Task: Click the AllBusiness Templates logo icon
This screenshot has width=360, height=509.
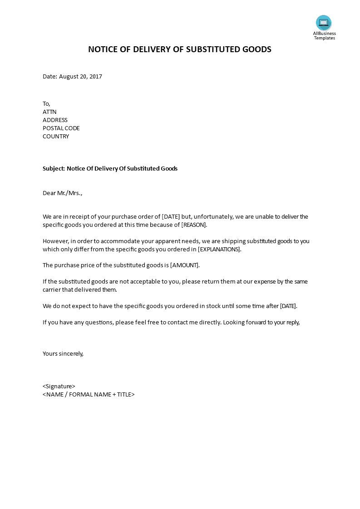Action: click(324, 23)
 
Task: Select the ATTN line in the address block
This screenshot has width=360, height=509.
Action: click(49, 112)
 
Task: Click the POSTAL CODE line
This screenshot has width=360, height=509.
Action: click(61, 128)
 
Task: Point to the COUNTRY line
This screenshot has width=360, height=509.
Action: click(56, 137)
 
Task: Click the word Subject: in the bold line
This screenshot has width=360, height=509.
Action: click(54, 169)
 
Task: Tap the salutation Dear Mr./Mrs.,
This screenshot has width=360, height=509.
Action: click(63, 193)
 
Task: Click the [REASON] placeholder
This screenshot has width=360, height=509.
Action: click(194, 225)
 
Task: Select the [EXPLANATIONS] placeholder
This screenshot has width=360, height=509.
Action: click(220, 250)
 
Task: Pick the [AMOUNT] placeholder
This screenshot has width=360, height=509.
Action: click(185, 265)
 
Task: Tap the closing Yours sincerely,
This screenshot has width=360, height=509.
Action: click(63, 354)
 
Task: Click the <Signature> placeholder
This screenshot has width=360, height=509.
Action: click(59, 387)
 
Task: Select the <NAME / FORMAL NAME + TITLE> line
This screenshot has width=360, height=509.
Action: click(89, 395)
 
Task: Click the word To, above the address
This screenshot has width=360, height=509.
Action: click(46, 104)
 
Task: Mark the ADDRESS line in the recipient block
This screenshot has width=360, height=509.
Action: click(55, 120)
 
